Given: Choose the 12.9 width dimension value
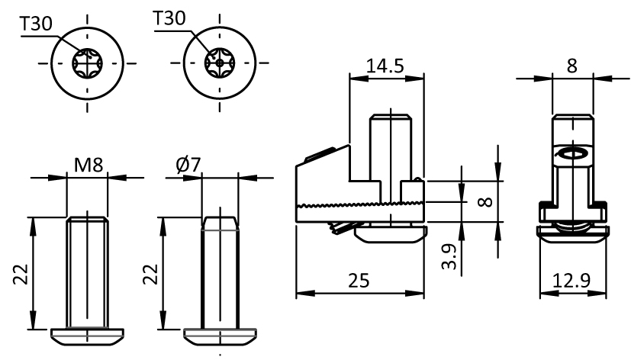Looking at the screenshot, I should [572, 280].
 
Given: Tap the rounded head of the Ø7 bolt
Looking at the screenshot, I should [220, 335].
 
